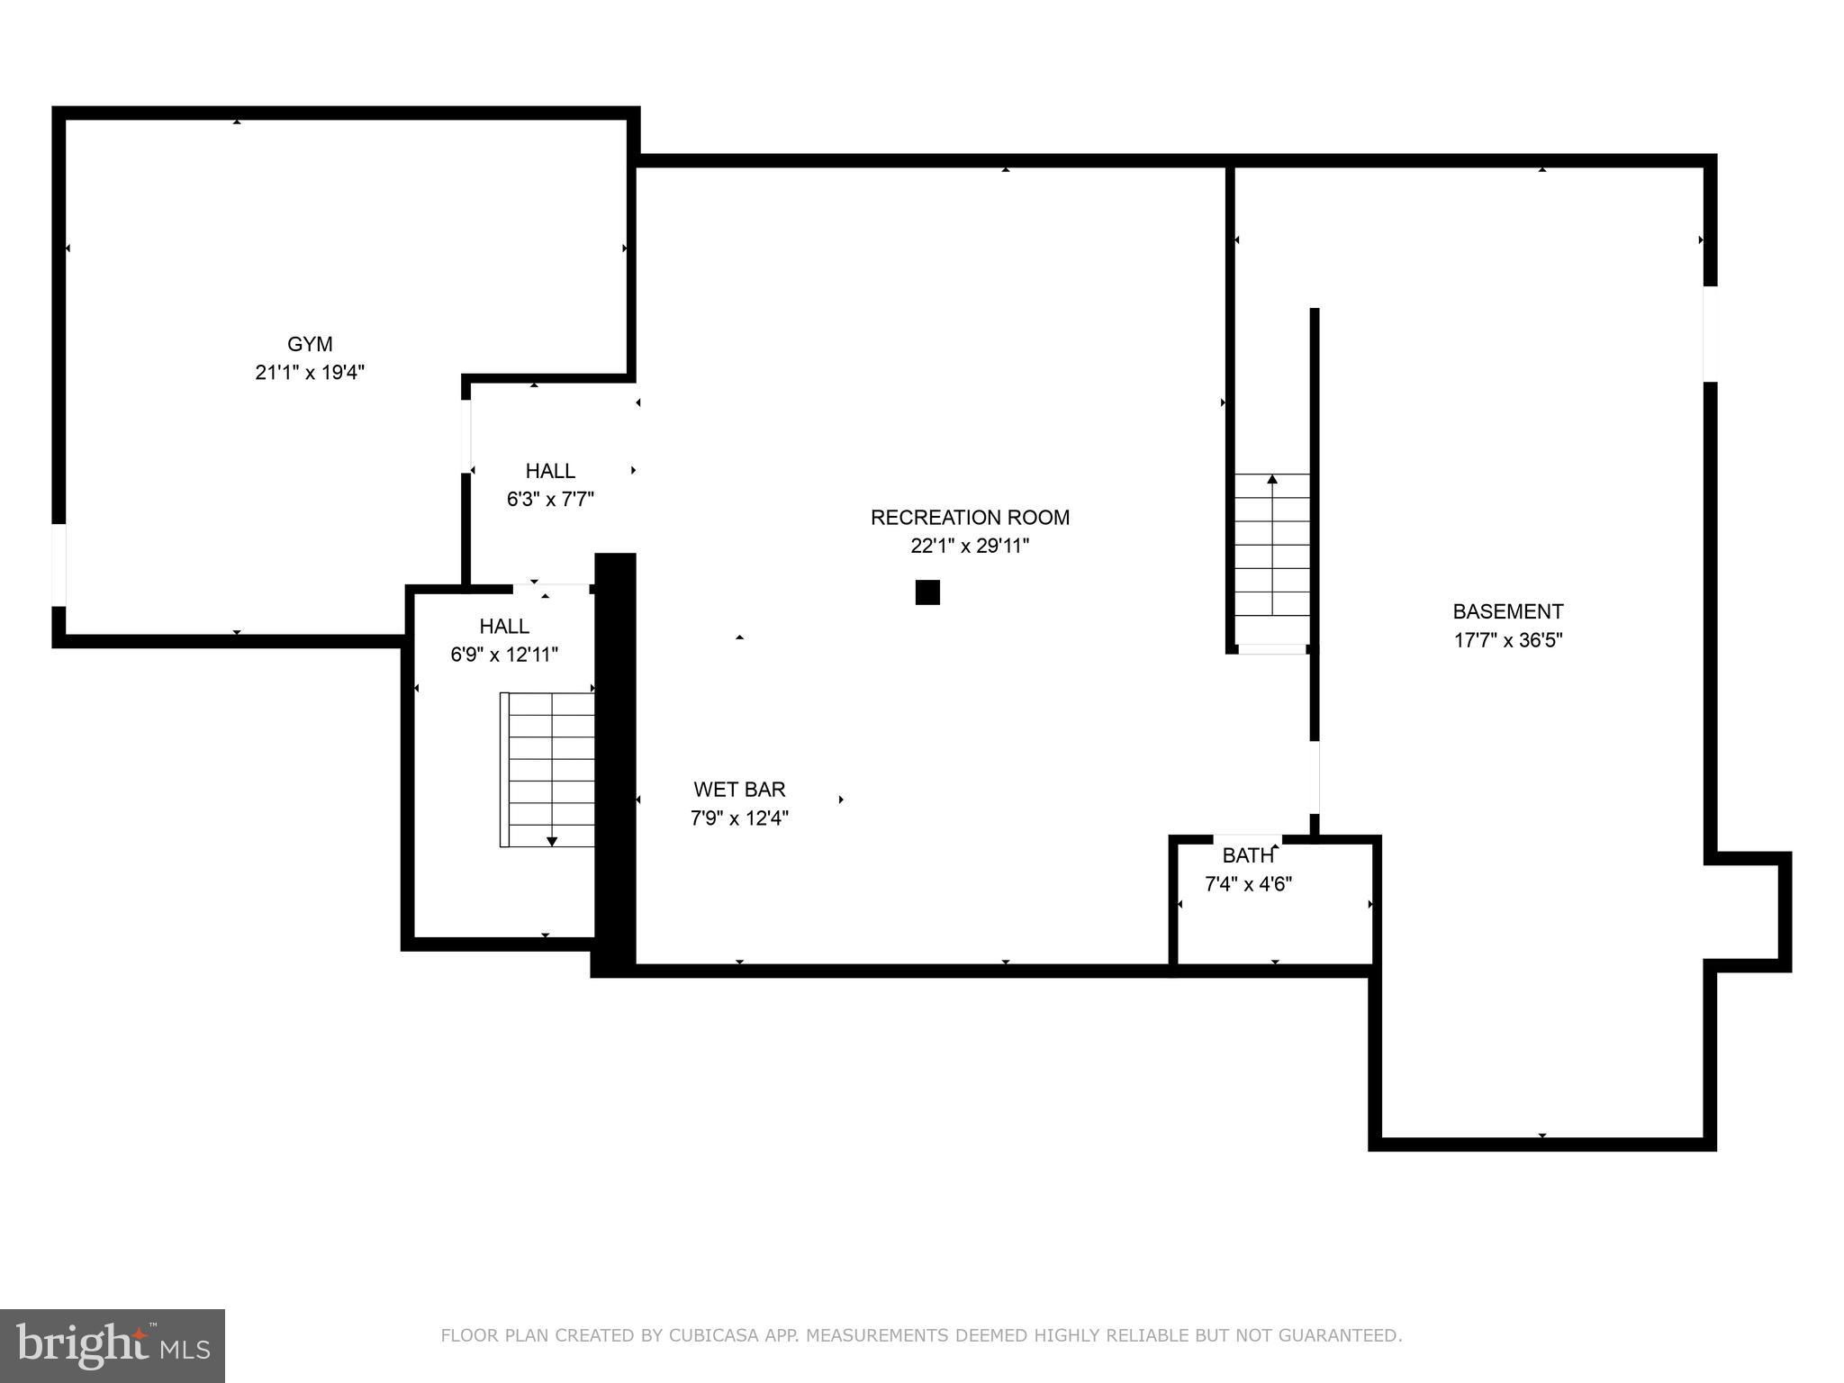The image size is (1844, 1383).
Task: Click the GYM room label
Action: click(310, 344)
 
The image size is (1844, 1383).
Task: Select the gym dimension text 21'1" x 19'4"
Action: click(310, 373)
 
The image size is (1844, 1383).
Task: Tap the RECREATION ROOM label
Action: click(970, 518)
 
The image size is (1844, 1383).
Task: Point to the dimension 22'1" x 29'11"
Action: click(970, 547)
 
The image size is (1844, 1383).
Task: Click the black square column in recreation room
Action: click(927, 592)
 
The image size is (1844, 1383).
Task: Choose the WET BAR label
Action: click(739, 790)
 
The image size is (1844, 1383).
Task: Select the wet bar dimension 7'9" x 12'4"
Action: click(739, 818)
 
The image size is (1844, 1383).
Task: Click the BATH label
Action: click(1248, 855)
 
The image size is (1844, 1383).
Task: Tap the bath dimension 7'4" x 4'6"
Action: click(1248, 884)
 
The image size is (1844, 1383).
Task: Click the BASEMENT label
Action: click(1507, 612)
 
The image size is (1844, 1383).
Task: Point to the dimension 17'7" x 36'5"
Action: click(1507, 641)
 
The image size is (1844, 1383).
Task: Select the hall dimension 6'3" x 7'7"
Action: click(550, 500)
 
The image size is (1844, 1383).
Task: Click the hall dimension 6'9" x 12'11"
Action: click(504, 655)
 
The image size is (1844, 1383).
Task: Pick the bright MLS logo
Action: click(113, 1345)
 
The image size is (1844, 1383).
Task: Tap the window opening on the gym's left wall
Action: click(59, 565)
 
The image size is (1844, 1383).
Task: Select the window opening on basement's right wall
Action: click(1710, 334)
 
